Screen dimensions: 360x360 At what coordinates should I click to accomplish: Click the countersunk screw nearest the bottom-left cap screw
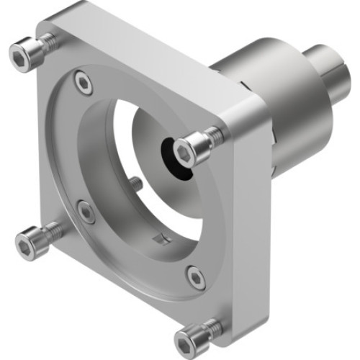(86, 212)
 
